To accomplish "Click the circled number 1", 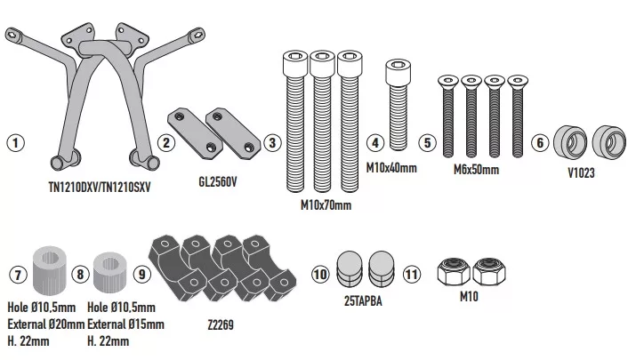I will coord(15,141).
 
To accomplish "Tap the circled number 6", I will coord(539,141).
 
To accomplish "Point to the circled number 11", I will coord(410,275).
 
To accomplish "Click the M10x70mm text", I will coord(326,205).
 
